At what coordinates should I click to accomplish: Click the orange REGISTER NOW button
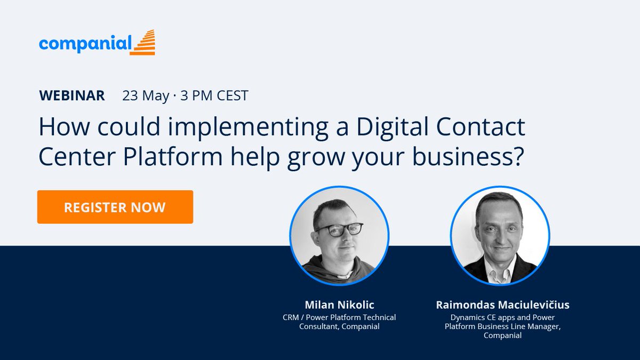coord(115,207)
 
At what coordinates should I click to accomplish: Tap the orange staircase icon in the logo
coord(142,43)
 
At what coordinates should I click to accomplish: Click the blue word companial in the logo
coord(84,44)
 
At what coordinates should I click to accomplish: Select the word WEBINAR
coord(72,96)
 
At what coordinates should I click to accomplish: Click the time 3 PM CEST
coord(214,96)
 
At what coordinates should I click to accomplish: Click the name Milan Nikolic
coord(339,305)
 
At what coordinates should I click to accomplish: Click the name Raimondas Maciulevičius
coord(502,305)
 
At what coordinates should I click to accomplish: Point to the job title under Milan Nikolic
coord(339,322)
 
